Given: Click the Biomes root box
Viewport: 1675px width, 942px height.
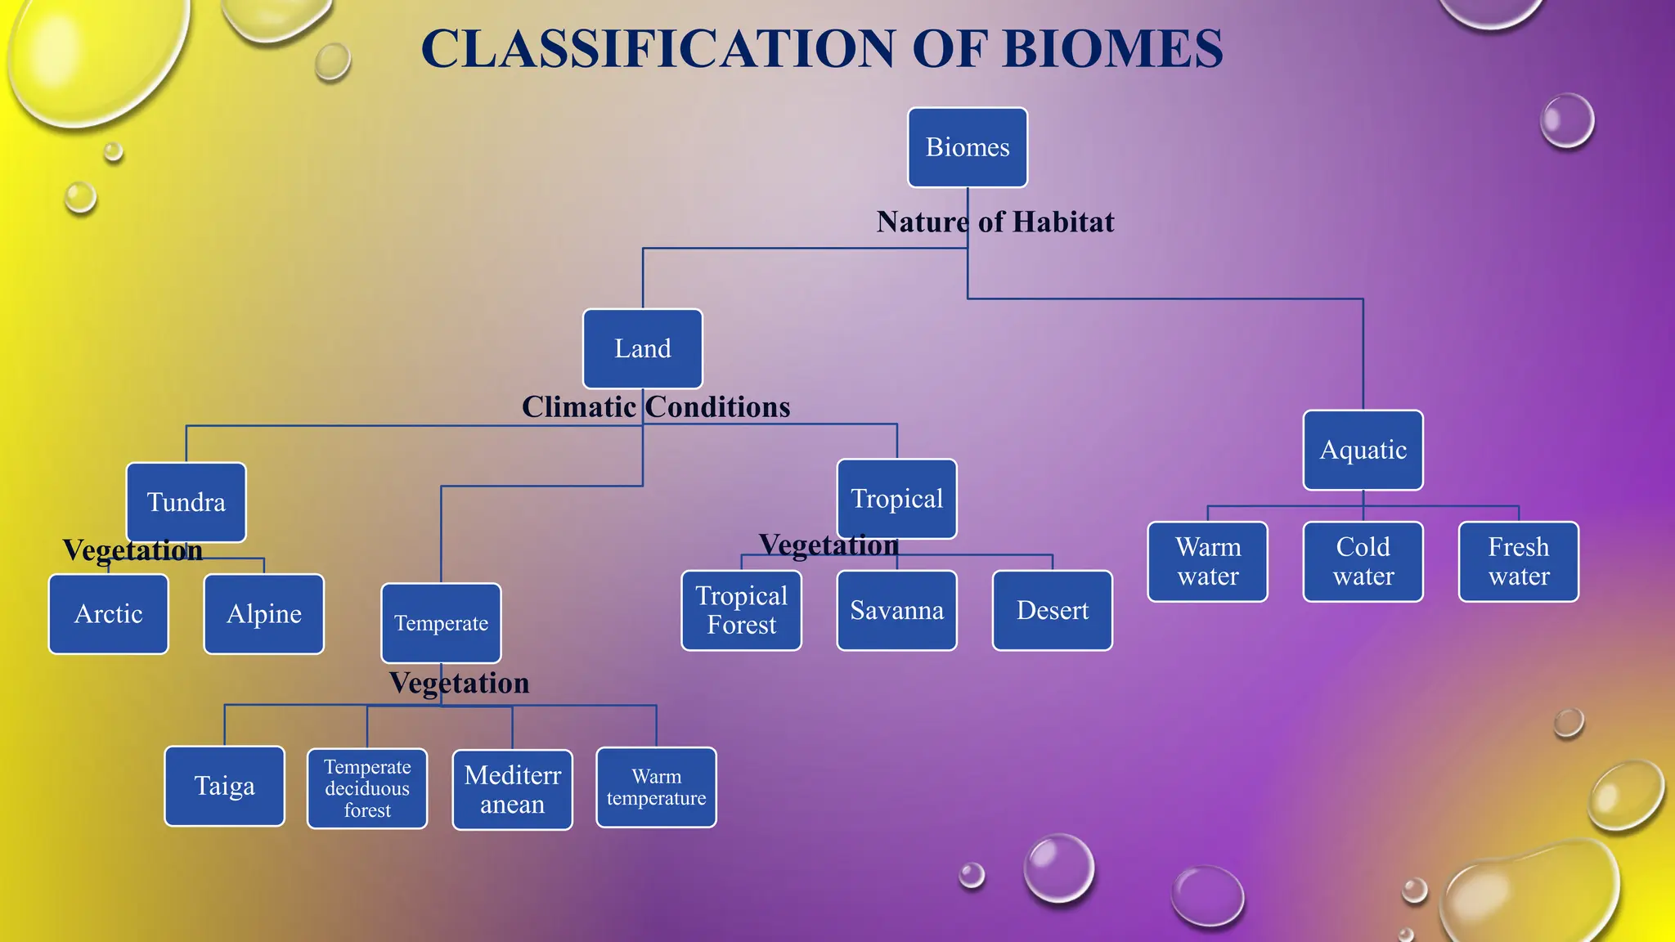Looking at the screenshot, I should [x=968, y=148].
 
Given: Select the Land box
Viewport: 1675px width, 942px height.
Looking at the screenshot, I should [x=642, y=349].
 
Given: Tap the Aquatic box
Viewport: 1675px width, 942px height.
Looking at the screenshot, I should [x=1363, y=451].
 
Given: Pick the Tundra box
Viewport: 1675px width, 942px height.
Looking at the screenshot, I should [x=186, y=502].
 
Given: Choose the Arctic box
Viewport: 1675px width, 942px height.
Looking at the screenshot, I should [x=109, y=614].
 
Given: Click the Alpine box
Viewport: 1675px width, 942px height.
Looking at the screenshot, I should [x=263, y=614].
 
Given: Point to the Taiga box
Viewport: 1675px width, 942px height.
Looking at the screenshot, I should [x=224, y=787].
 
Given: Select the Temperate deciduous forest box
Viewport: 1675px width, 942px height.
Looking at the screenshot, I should [x=367, y=789].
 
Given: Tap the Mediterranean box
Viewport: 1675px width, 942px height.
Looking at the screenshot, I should [x=512, y=790].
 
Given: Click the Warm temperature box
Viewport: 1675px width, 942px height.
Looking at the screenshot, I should [x=656, y=787].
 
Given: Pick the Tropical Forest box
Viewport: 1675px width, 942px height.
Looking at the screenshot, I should [x=741, y=611].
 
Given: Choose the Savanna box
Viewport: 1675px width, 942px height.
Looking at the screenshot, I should [x=896, y=611].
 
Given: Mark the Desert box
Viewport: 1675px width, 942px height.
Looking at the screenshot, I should [x=1052, y=611].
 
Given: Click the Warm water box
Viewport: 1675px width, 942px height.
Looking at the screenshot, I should [x=1207, y=562].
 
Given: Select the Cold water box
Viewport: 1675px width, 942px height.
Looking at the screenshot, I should [x=1363, y=562].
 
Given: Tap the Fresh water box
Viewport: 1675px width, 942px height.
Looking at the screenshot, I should [x=1518, y=562].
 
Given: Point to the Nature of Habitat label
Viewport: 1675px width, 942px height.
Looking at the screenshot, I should [x=995, y=222].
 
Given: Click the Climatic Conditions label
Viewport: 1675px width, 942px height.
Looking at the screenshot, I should [x=656, y=407].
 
